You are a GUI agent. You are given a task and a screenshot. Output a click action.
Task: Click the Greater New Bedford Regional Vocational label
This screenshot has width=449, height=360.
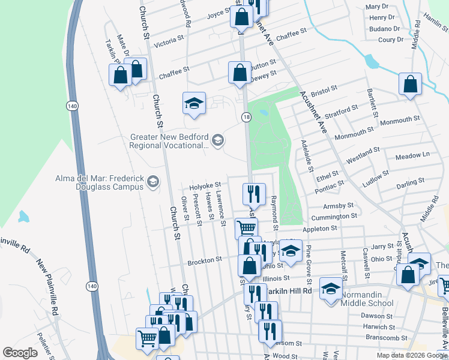[170, 140]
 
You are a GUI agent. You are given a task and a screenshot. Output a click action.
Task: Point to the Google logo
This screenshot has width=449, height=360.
[20, 353]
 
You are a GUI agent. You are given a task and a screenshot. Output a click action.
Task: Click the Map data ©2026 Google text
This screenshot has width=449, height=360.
[411, 355]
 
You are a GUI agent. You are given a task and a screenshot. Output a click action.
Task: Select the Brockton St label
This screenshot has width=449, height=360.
[205, 260]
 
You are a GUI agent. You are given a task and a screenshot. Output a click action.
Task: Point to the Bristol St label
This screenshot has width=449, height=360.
[325, 88]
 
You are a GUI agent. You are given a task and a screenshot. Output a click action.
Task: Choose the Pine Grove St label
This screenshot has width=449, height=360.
[309, 265]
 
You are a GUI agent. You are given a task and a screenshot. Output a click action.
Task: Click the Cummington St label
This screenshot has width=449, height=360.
[334, 216]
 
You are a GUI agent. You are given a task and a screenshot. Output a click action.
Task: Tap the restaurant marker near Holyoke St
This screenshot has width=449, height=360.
[254, 193]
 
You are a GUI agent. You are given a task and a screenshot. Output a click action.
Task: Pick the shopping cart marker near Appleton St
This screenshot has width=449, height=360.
[246, 227]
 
